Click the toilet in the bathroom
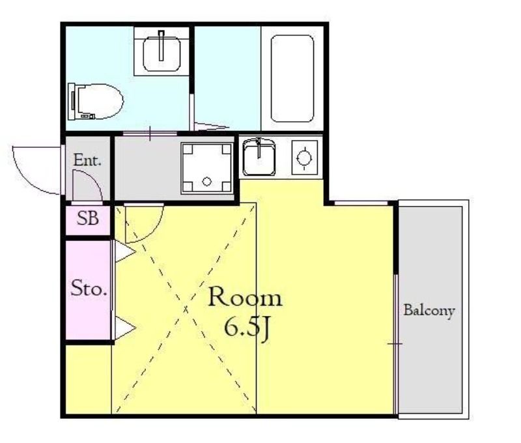click(x=95, y=102)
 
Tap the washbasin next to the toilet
click(x=162, y=53)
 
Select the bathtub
click(x=292, y=78)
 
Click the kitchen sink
click(x=259, y=157)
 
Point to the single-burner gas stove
click(x=304, y=158)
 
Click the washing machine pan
click(x=206, y=168)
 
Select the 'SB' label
click(x=88, y=218)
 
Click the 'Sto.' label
click(x=89, y=288)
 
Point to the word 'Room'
click(x=246, y=297)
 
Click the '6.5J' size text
click(x=246, y=328)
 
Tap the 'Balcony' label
click(x=429, y=310)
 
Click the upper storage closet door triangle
click(x=125, y=252)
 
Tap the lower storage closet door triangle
click(x=125, y=328)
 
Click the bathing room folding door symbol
click(x=210, y=126)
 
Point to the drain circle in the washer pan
click(x=206, y=182)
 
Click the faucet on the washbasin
click(x=162, y=46)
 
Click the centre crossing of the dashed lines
click(x=185, y=309)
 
